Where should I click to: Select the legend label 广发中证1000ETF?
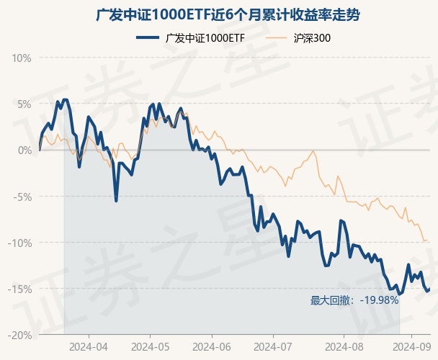click(205, 37)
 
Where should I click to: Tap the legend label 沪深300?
click(313, 37)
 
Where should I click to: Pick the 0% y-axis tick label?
click(25, 150)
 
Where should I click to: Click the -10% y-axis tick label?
click(21, 243)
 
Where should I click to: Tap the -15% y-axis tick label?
click(21, 289)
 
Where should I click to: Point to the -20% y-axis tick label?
click(21, 335)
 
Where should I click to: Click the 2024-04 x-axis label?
click(89, 346)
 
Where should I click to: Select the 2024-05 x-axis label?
click(150, 346)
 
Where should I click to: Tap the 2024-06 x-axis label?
click(212, 346)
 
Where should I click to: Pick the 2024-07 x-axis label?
click(272, 346)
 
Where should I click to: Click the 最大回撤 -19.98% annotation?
click(354, 300)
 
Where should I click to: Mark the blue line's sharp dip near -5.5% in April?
click(116, 200)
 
